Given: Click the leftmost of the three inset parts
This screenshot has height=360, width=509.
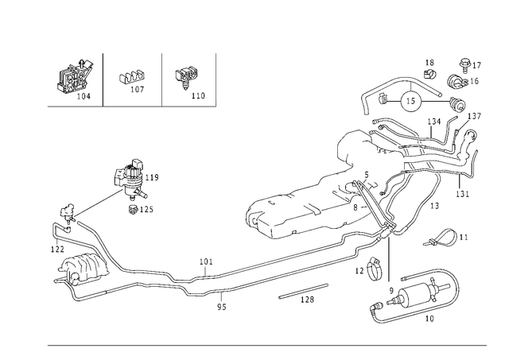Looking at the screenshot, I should (76, 79).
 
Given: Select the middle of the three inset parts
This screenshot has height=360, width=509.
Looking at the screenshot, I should (132, 80).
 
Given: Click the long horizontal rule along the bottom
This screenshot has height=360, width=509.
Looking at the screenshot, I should (266, 343).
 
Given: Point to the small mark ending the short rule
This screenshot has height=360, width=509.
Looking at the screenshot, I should (217, 104).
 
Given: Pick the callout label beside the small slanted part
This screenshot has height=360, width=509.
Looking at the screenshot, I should (465, 236).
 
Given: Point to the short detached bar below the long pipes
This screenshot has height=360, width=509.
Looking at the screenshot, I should (298, 296).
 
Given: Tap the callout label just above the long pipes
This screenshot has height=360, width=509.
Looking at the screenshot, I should (205, 260).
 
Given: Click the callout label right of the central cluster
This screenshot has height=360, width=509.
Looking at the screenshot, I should (460, 192).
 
